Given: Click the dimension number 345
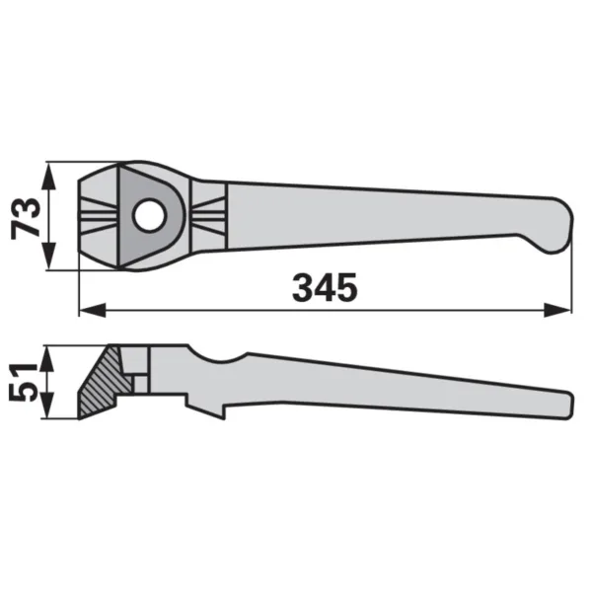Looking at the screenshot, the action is (x=325, y=288).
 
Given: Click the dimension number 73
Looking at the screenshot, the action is (x=26, y=218).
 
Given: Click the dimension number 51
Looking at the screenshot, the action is (x=23, y=382).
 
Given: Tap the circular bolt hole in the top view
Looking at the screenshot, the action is (x=149, y=215).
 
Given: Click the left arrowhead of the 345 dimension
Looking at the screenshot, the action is (x=93, y=311).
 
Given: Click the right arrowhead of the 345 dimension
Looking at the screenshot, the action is (x=556, y=311).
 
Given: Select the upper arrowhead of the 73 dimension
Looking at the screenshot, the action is (x=48, y=177).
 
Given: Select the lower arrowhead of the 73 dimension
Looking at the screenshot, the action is (x=48, y=257).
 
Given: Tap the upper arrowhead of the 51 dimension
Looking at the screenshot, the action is (x=46, y=359).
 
